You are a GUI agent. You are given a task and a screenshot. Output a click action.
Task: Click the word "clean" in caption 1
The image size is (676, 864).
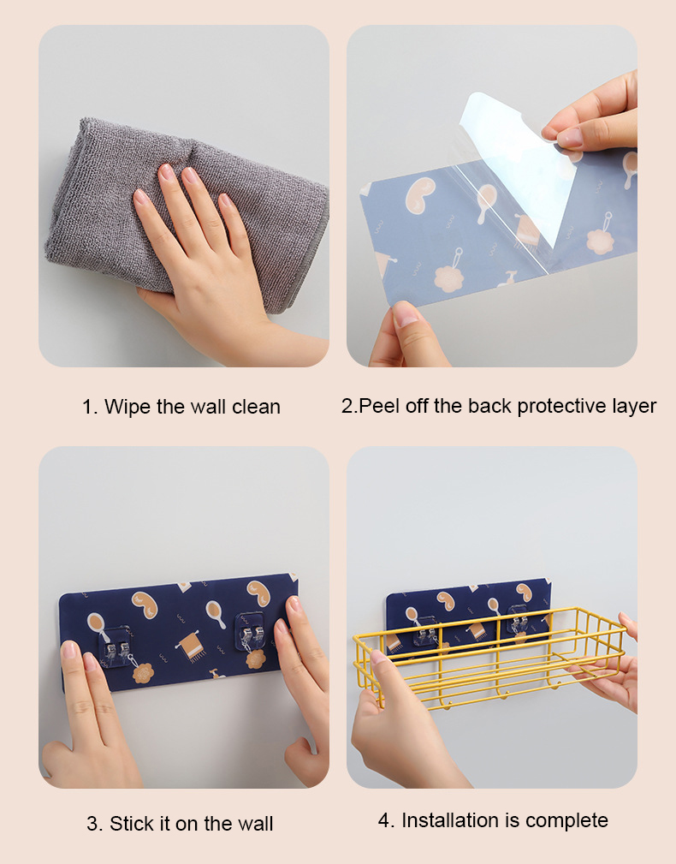(x=256, y=407)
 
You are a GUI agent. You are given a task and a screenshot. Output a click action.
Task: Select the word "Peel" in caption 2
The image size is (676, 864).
(x=377, y=406)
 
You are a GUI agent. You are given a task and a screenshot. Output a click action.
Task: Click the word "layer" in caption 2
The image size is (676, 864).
(x=632, y=406)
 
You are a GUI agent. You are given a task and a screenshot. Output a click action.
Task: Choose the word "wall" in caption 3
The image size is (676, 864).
(x=253, y=824)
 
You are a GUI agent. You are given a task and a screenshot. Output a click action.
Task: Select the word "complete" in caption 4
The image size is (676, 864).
(x=567, y=820)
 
